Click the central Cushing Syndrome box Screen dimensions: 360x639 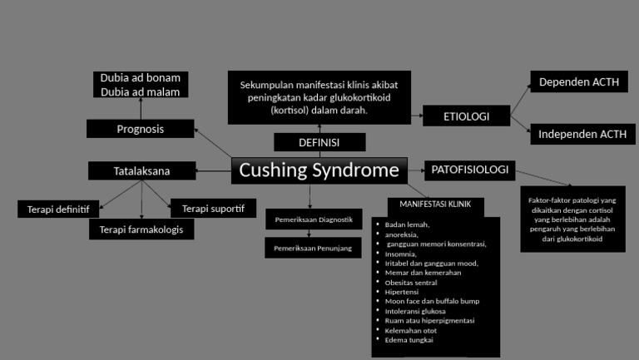coord(319,170)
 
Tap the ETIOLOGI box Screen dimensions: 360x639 coord(466,116)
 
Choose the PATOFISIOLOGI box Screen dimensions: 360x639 coord(469,170)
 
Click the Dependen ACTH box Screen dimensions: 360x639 coord(579,82)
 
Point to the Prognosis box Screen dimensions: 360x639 coord(140,129)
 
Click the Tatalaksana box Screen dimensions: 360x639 coord(141,171)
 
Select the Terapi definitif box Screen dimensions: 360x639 coord(58,209)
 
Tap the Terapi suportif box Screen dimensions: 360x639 coord(213,208)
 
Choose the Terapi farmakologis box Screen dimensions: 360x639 coord(141,229)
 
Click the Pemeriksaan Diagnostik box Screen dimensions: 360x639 coord(314,219)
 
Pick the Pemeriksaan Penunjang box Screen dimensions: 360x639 coord(314,248)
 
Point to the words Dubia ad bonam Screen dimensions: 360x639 coord(141,77)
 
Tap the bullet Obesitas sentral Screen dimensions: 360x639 coord(411,282)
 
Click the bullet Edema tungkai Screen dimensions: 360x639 coord(409,339)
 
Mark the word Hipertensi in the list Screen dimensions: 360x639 coord(402,292)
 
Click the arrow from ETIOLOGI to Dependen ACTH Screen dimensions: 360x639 coord(520,97)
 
